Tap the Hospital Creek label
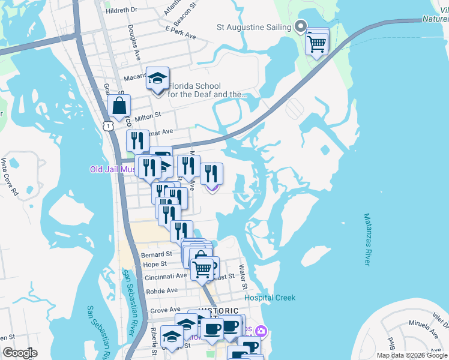270,298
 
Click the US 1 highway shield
107,125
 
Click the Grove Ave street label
166,310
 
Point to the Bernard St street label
157,255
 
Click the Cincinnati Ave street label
164,276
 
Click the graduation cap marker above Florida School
158,79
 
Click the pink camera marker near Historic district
261,331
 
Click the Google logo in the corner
20,353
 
